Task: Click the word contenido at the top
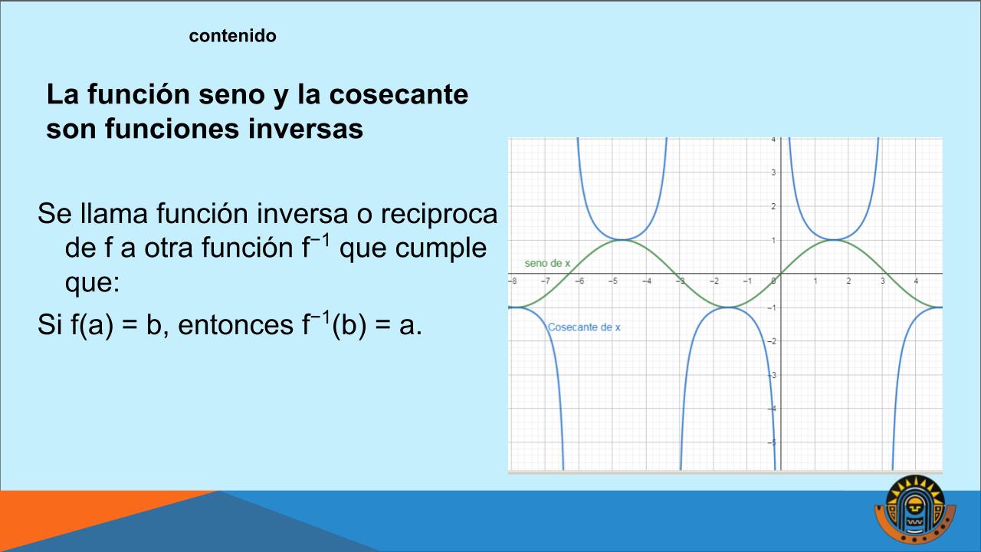232,36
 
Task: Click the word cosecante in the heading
399,94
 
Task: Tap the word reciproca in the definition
439,215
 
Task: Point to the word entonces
235,325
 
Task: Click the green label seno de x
547,263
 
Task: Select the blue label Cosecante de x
584,327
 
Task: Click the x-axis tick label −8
513,281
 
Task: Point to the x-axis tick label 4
916,281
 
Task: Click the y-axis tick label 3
773,172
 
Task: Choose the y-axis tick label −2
772,341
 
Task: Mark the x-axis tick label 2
848,281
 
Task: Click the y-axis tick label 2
773,206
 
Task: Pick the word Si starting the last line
50,325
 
